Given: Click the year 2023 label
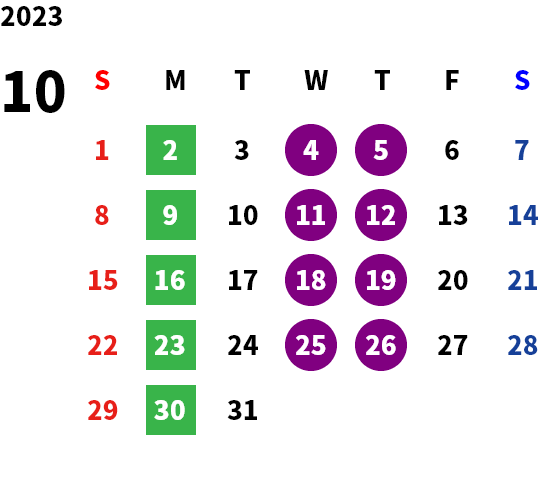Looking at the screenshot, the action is (31, 16).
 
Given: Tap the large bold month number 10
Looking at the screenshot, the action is (34, 92).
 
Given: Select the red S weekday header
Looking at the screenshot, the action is (102, 80).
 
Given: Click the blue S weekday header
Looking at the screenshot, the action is (522, 80).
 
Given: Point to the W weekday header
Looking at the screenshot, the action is (316, 80).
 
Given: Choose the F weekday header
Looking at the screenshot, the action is (452, 80).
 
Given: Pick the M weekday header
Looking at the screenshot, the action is (175, 80).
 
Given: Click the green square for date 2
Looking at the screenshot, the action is (171, 150).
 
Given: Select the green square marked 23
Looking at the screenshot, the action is (171, 345).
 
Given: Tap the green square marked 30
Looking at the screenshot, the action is (171, 410).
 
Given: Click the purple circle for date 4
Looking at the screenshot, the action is (311, 150).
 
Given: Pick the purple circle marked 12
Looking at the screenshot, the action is (381, 215).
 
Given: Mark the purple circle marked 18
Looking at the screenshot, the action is (311, 280).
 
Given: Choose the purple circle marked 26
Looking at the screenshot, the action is (381, 345).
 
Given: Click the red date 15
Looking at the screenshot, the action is (103, 280).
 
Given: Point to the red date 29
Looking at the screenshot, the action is (103, 410).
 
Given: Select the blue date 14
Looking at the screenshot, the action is (522, 215).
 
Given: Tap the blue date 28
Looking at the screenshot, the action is (522, 345).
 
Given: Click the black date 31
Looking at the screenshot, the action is (243, 410).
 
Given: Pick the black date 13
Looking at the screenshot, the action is (453, 215).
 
